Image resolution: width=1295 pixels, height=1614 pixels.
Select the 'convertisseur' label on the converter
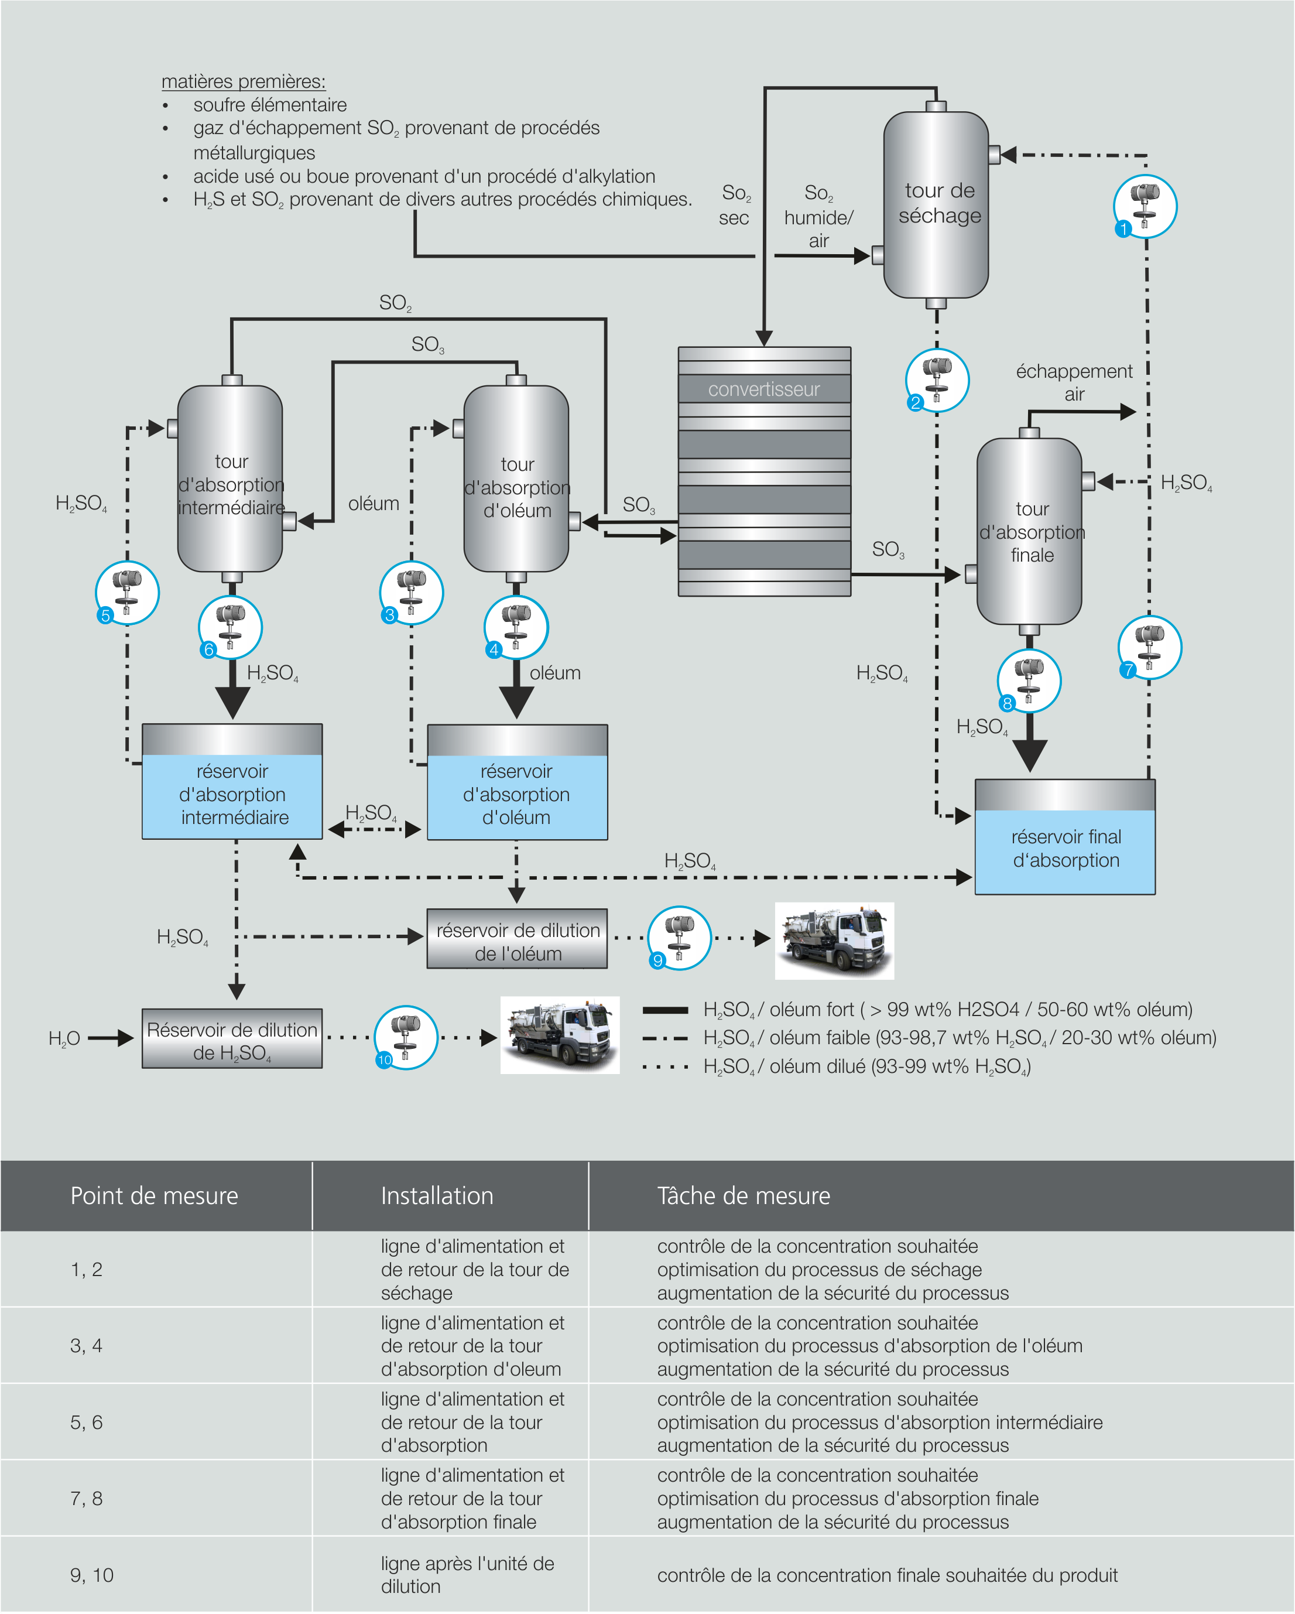tap(763, 389)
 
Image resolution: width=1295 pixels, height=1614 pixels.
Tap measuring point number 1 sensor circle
tap(1145, 207)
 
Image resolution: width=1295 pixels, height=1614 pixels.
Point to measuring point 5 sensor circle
tap(127, 593)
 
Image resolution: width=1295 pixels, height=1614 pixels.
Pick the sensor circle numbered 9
tap(679, 938)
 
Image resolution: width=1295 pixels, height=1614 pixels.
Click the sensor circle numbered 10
tap(406, 1038)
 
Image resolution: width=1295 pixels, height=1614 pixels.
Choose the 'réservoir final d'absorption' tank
tap(1064, 837)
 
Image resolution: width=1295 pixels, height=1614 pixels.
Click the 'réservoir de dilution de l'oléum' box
tap(518, 939)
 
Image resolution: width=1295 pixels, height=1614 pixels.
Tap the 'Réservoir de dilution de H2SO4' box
tap(232, 1039)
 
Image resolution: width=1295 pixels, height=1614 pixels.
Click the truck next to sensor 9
tap(834, 941)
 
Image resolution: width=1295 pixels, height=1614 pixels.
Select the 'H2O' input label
tap(64, 1038)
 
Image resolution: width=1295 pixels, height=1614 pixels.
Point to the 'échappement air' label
tap(1074, 382)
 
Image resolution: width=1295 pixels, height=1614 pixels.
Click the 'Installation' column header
tap(437, 1195)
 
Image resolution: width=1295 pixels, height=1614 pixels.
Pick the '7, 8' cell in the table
tap(86, 1499)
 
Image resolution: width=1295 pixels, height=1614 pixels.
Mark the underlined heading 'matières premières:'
tap(244, 81)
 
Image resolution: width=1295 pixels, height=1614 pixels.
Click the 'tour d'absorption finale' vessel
tap(1029, 532)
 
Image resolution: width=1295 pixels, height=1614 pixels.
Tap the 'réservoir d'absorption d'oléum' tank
tap(518, 782)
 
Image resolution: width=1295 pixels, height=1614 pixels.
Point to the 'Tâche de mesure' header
tap(744, 1195)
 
